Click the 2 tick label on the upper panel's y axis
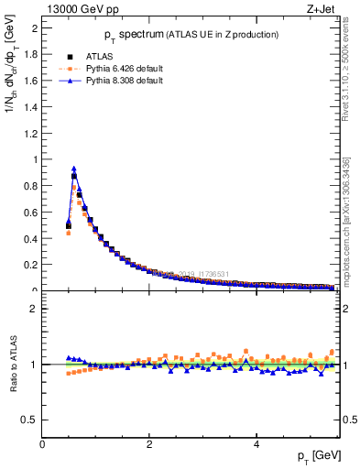(x=35, y=27)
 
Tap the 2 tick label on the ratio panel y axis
(x=35, y=309)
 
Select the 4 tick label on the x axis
(x=256, y=445)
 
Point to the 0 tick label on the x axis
(x=42, y=445)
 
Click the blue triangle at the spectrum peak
(x=73, y=169)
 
